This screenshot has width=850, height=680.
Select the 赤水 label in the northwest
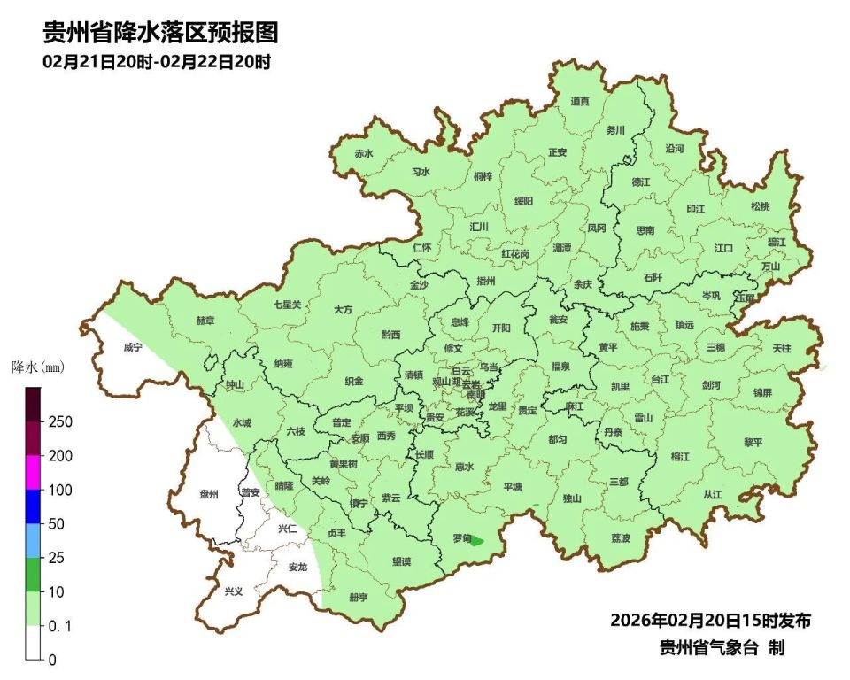[364, 153]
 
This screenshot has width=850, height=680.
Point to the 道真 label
[580, 102]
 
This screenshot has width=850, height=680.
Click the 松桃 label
[760, 206]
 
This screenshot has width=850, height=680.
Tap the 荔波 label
[621, 538]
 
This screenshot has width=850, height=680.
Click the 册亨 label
[359, 597]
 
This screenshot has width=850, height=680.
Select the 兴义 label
[233, 591]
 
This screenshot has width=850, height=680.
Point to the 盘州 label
[209, 495]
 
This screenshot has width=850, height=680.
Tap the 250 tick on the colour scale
[60, 421]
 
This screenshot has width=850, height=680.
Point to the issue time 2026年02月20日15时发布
[711, 620]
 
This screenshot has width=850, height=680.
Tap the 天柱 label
[782, 349]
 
